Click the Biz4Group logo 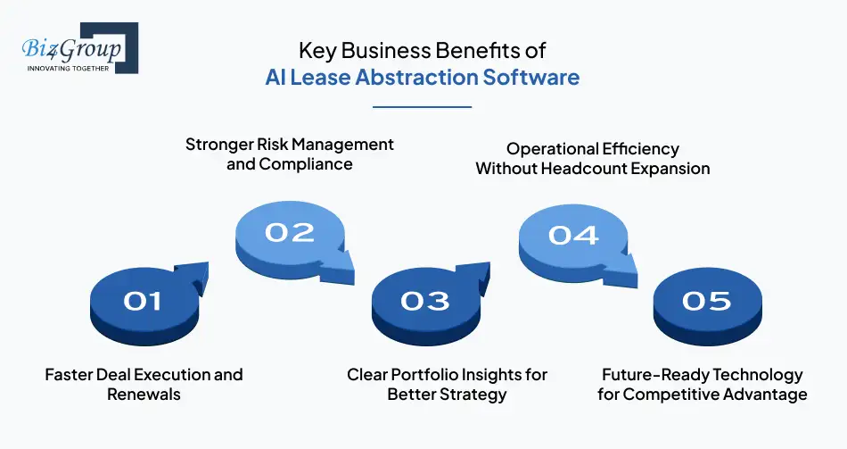pyautogui.click(x=80, y=48)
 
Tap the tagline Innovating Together pyautogui.click(x=68, y=69)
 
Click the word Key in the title pyautogui.click(x=317, y=51)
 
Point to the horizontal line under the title pyautogui.click(x=422, y=107)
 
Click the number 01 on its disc pyautogui.click(x=142, y=302)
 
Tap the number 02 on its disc pyautogui.click(x=290, y=233)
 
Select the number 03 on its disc pyautogui.click(x=424, y=302)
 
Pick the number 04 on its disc pyautogui.click(x=573, y=236)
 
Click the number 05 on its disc pyautogui.click(x=706, y=302)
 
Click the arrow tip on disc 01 pyautogui.click(x=209, y=263)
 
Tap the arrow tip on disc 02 pyautogui.click(x=354, y=284)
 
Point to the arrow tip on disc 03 pyautogui.click(x=489, y=263)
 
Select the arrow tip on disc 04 pyautogui.click(x=637, y=287)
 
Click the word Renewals pyautogui.click(x=144, y=394)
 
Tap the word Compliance pyautogui.click(x=306, y=164)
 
